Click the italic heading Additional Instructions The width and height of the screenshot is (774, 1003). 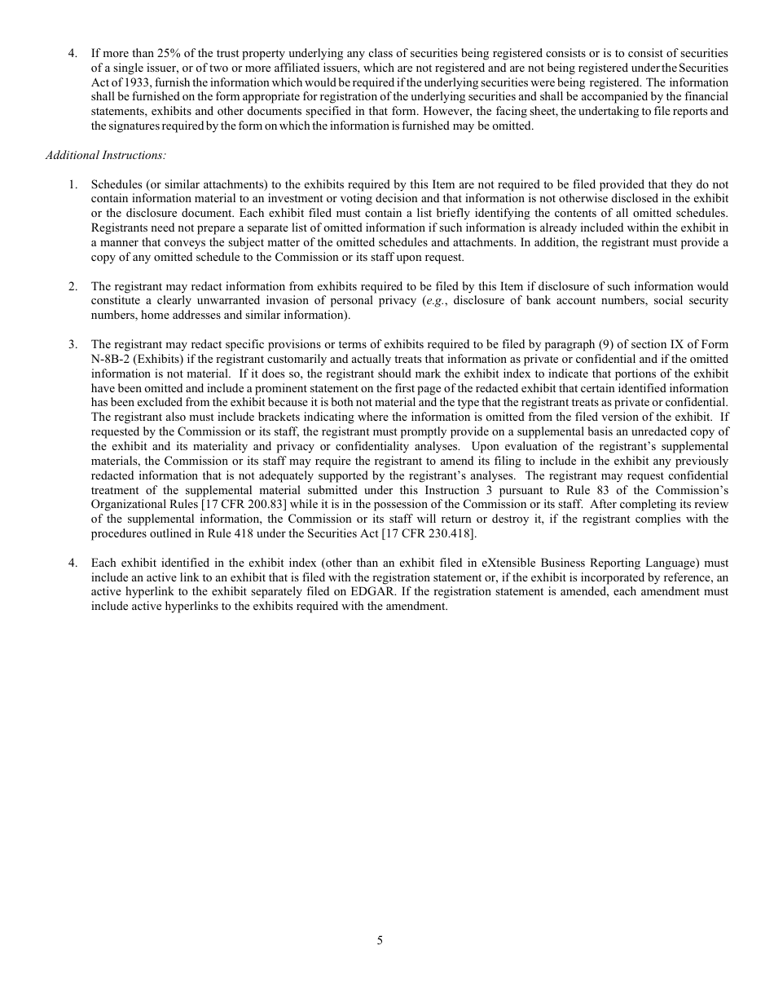[95, 155]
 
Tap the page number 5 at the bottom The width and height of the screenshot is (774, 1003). [380, 939]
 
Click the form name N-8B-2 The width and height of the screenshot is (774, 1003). [111, 359]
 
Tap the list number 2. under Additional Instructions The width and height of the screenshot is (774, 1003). [73, 286]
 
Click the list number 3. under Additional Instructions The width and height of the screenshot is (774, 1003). [73, 344]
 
